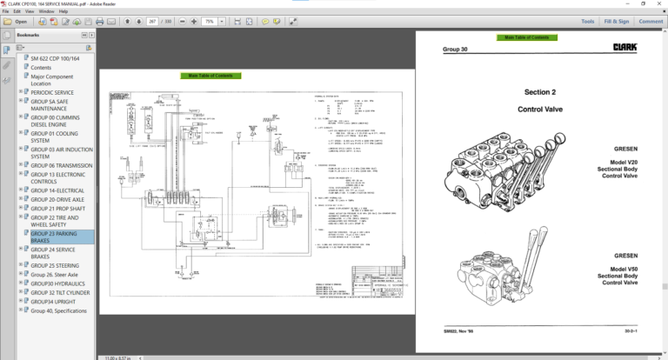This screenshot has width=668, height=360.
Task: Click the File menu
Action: (5, 11)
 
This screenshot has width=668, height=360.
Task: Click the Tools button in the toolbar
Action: (588, 21)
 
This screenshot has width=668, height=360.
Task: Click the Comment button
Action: (650, 21)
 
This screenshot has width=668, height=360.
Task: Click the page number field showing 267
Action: (153, 21)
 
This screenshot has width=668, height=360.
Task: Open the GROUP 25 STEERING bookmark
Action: (55, 265)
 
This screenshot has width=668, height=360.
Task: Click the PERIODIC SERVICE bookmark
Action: (52, 92)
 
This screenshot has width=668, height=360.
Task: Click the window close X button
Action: (658, 3)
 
